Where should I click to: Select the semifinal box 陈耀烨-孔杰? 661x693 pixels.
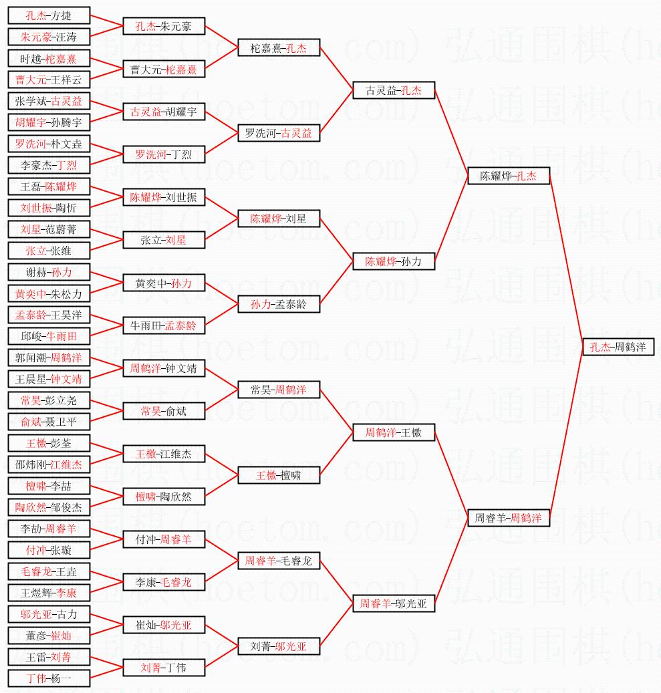pyautogui.click(x=509, y=176)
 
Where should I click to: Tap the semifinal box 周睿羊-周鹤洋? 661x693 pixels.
pyautogui.click(x=509, y=518)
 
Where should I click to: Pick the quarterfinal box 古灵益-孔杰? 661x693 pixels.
pyautogui.click(x=394, y=90)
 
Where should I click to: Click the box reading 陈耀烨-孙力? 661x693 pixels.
pyautogui.click(x=394, y=261)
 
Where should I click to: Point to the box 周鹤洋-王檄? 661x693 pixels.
pyautogui.click(x=394, y=432)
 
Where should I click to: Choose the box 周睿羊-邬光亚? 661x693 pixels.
pyautogui.click(x=394, y=603)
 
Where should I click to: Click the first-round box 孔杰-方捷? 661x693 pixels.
pyautogui.click(x=49, y=15)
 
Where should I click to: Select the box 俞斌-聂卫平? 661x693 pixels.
pyautogui.click(x=49, y=422)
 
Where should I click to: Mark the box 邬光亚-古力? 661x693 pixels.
pyautogui.click(x=49, y=614)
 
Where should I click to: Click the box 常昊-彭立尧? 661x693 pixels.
pyautogui.click(x=49, y=400)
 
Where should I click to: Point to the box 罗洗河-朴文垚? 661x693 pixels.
pyautogui.click(x=49, y=144)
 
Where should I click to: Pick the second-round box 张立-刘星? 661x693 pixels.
pyautogui.click(x=164, y=240)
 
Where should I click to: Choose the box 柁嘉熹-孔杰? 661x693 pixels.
pyautogui.click(x=279, y=47)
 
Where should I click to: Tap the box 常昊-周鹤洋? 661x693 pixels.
pyautogui.click(x=279, y=390)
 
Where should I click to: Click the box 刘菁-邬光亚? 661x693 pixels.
pyautogui.click(x=279, y=646)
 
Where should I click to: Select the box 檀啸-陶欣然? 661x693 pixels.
pyautogui.click(x=164, y=497)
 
